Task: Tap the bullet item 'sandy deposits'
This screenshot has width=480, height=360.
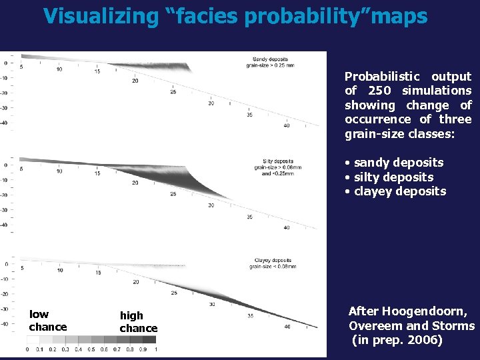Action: tap(398, 163)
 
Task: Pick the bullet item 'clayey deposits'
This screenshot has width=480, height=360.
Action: tap(400, 191)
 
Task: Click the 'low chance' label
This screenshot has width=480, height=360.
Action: tap(47, 321)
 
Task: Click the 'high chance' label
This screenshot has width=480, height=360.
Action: tap(138, 322)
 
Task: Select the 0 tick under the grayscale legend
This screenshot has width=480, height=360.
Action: tap(28, 349)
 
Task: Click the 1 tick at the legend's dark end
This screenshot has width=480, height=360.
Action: tap(155, 349)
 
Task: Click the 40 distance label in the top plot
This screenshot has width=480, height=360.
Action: tap(286, 125)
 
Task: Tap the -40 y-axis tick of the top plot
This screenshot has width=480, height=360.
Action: tap(3, 123)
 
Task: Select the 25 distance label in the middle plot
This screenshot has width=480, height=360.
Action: tap(173, 194)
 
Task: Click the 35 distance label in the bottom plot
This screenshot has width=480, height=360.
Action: tap(249, 315)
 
